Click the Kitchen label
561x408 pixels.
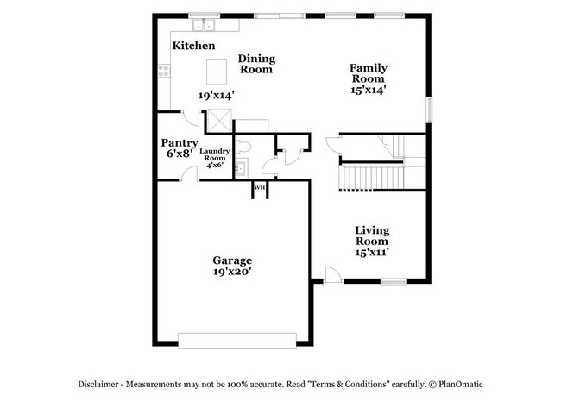193,46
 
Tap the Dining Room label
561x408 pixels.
256,64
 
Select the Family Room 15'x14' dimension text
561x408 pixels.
368,88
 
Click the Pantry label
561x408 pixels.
180,143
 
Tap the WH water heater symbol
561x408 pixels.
259,186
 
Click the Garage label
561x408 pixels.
232,260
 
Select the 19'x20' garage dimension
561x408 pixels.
232,273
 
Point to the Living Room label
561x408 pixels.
373,235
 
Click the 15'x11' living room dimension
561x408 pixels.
373,254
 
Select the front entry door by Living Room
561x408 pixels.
331,275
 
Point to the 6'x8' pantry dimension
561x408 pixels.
180,154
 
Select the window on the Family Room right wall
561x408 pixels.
428,110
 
